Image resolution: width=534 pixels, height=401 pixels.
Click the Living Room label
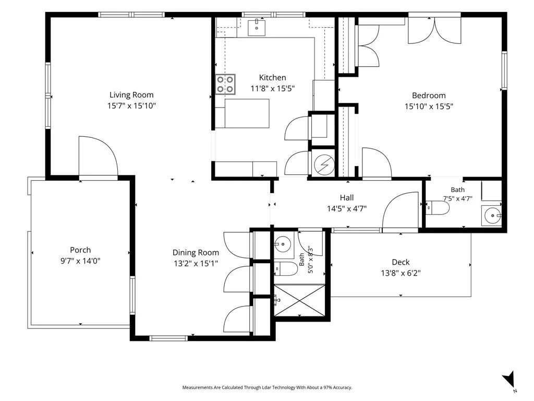131,95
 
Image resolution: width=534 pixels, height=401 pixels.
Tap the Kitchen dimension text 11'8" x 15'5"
272,89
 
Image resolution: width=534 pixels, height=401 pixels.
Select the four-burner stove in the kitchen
225,84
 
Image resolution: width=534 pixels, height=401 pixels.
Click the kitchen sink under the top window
256,28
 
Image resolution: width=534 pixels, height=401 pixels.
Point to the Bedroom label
429,96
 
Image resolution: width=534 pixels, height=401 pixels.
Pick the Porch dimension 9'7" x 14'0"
80,261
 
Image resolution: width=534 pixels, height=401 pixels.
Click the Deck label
400,262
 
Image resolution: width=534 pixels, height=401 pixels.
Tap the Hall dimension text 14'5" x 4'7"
347,208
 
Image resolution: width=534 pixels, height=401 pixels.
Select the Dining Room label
196,253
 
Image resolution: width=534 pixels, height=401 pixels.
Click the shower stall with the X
300,300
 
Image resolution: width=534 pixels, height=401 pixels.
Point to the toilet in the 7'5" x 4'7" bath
438,208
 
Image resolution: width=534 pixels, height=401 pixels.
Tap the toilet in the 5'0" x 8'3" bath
286,269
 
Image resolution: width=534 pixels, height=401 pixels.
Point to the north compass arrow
509,379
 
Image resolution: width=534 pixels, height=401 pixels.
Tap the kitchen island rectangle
247,113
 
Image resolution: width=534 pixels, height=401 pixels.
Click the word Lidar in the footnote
266,387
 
